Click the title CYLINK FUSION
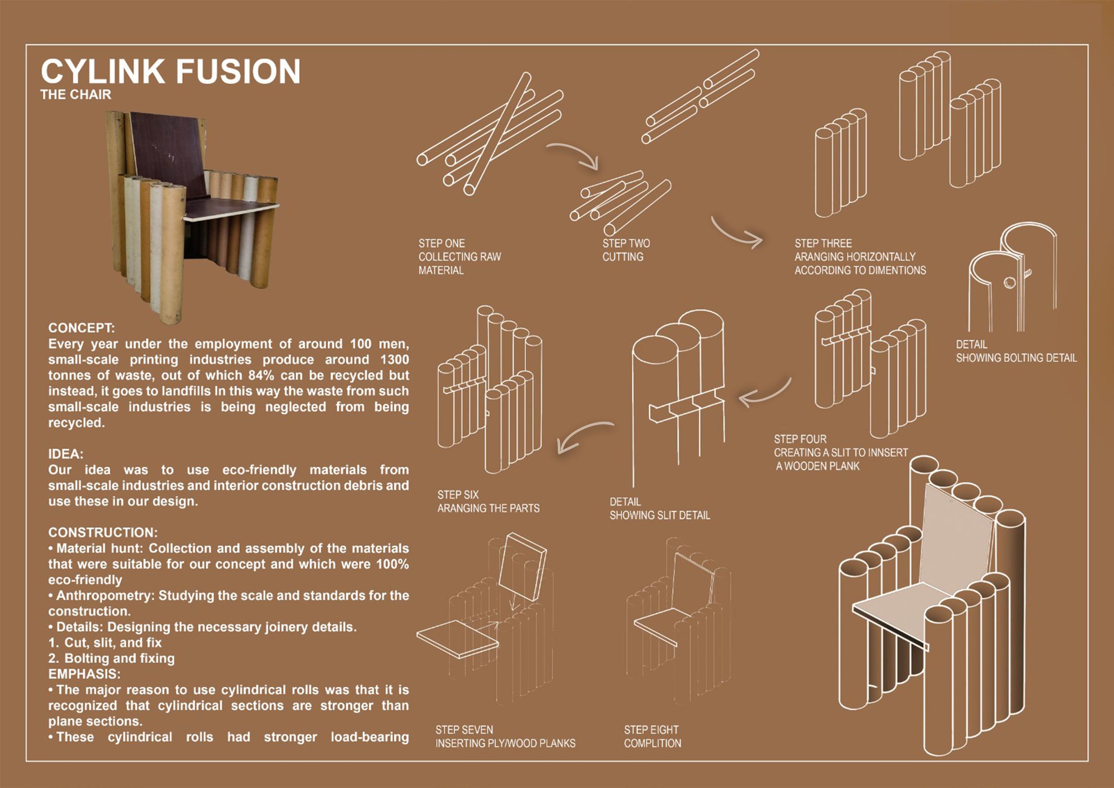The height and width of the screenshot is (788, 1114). pyautogui.click(x=170, y=71)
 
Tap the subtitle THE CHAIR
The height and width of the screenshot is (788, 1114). pyautogui.click(x=76, y=95)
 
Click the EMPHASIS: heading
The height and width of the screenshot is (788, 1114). pyautogui.click(x=84, y=674)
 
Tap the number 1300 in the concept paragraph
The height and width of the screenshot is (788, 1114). pyautogui.click(x=394, y=360)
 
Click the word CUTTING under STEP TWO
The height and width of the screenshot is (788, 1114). pyautogui.click(x=622, y=257)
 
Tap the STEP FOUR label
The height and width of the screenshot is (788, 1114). pyautogui.click(x=800, y=439)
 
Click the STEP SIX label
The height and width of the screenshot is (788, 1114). pyautogui.click(x=458, y=495)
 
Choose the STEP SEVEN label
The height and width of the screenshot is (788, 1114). pyautogui.click(x=464, y=730)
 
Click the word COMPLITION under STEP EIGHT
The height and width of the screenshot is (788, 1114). pyautogui.click(x=652, y=744)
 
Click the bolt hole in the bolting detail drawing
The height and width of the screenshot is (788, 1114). pyautogui.click(x=1009, y=283)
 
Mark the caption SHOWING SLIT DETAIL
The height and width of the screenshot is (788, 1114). pyautogui.click(x=660, y=515)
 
